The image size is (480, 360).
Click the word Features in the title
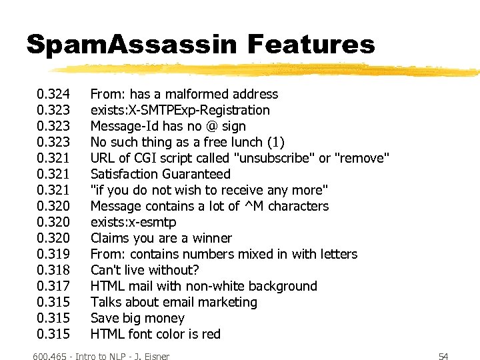tap(311, 45)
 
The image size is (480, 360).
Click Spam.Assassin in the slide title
tap(131, 45)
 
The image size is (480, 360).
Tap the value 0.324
tap(53, 94)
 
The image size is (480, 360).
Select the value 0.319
tap(53, 254)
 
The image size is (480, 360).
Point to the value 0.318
tap(53, 270)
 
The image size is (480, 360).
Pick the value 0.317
tap(53, 286)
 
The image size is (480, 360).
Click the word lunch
tap(244, 142)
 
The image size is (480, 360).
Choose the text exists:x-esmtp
tap(133, 222)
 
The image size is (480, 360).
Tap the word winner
tap(211, 238)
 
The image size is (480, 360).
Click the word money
tap(165, 318)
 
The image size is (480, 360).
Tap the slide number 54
tap(443, 356)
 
